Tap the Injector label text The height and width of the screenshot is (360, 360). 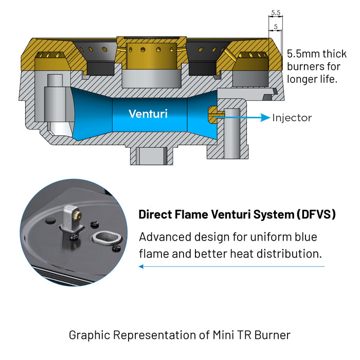pyautogui.click(x=292, y=118)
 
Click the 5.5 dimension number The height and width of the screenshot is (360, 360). pyautogui.click(x=275, y=12)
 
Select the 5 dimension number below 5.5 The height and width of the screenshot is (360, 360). pyautogui.click(x=276, y=26)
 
